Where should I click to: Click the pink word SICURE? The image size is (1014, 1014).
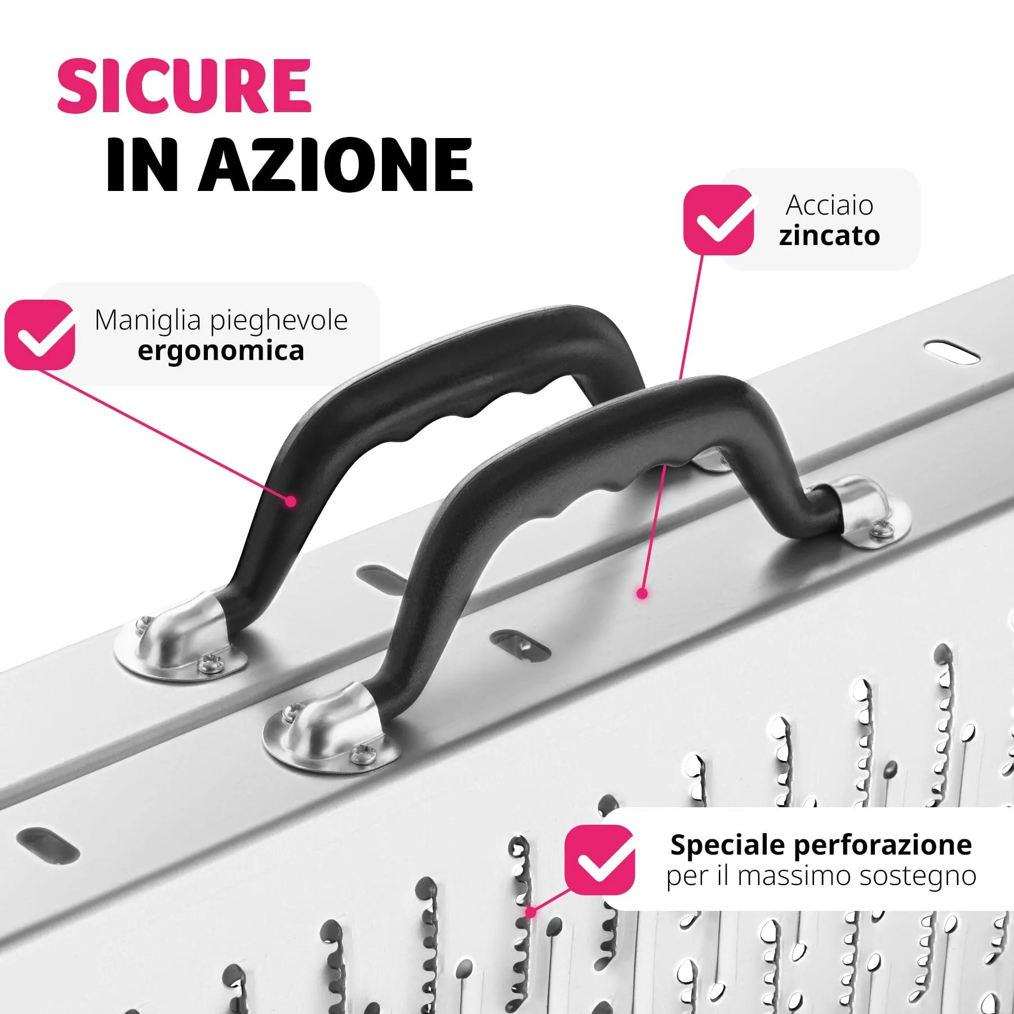pyautogui.click(x=184, y=86)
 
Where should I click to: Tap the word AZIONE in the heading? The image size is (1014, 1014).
pyautogui.click(x=336, y=165)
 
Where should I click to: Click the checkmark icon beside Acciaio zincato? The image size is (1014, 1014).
pyautogui.click(x=719, y=219)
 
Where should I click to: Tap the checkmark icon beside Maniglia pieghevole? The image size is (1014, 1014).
pyautogui.click(x=40, y=335)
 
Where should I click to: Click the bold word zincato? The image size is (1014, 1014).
pyautogui.click(x=829, y=235)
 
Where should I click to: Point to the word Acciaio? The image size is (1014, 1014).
pyautogui.click(x=829, y=204)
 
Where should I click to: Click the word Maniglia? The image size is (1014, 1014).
pyautogui.click(x=148, y=320)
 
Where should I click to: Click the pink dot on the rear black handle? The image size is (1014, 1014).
pyautogui.click(x=291, y=501)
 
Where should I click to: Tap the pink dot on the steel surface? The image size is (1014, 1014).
pyautogui.click(x=642, y=593)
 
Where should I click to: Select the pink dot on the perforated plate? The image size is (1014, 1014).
pyautogui.click(x=530, y=912)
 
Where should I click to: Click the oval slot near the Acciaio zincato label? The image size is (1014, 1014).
pyautogui.click(x=952, y=353)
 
